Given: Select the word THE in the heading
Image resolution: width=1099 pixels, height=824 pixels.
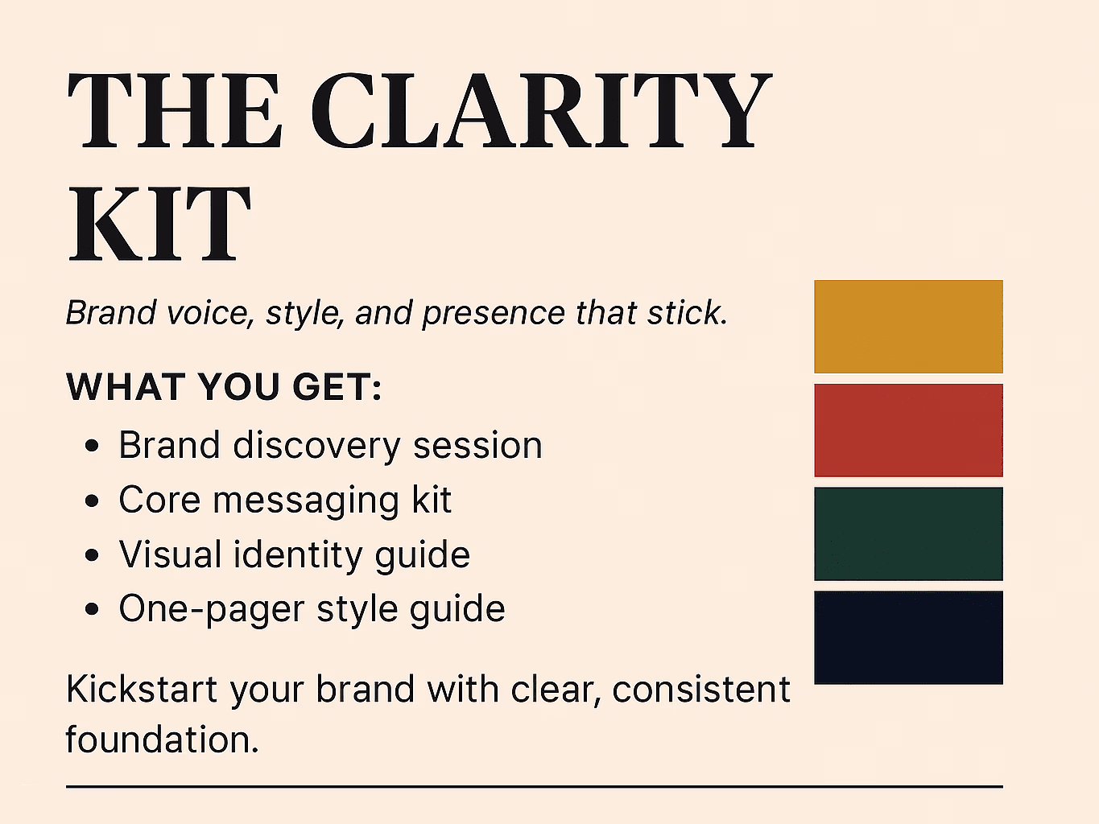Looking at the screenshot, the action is click(x=175, y=110).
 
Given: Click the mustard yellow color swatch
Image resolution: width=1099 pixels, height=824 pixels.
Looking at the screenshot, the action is click(x=908, y=326).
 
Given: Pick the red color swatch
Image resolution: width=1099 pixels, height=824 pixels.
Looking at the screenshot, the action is click(x=908, y=431).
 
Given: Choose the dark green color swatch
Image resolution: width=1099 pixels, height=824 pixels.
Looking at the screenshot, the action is click(x=908, y=534).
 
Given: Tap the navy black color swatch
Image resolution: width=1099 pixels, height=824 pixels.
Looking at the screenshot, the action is click(x=908, y=637).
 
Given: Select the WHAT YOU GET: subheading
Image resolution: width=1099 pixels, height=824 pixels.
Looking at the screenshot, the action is click(x=224, y=387).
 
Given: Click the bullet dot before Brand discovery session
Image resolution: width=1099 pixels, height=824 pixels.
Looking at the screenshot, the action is click(x=92, y=446).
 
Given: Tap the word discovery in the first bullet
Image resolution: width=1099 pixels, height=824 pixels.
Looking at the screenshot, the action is click(x=316, y=446).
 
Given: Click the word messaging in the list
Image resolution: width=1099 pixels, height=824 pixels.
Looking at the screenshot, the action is click(x=306, y=501).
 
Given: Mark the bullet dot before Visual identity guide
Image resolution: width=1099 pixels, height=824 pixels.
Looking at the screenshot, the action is click(x=92, y=555).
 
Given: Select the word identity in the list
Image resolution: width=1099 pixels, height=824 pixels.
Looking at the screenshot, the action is click(x=298, y=555).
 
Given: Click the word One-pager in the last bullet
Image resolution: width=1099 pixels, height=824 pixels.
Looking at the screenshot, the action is click(x=211, y=610).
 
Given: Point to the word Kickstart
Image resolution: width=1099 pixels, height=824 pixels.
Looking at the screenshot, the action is click(x=142, y=689).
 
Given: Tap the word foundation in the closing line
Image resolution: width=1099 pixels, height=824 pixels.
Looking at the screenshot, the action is click(x=162, y=739).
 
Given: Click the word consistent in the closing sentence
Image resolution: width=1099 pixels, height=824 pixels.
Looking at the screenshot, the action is click(x=701, y=690).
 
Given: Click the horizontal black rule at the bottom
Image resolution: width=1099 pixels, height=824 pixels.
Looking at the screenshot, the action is click(x=535, y=787).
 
